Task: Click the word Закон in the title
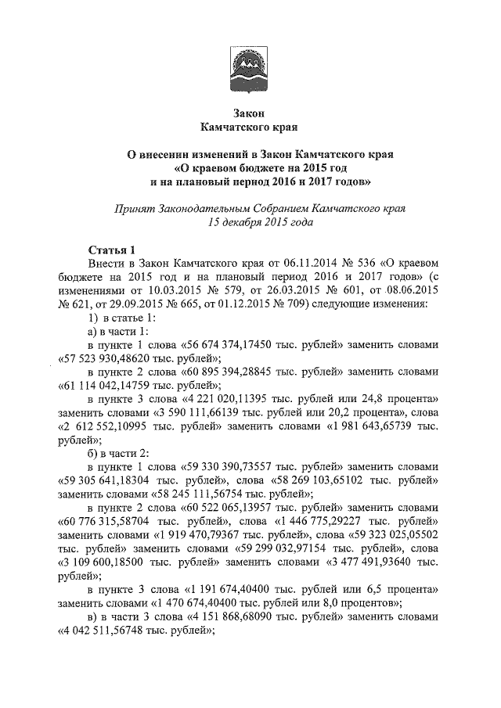pos(250,113)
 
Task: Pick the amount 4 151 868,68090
pos(240,617)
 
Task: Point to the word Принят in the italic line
pos(135,209)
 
